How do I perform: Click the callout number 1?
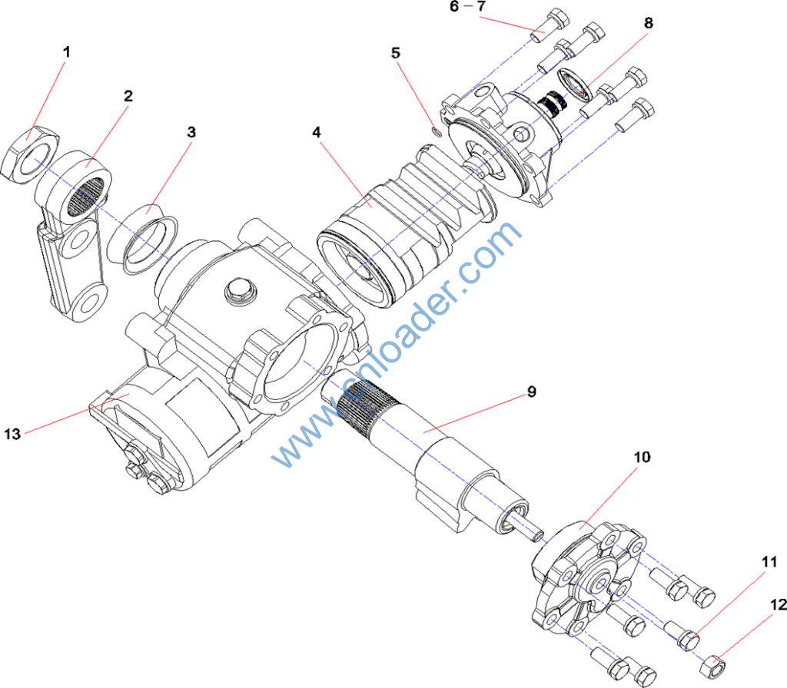click(66, 52)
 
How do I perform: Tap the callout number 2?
click(128, 96)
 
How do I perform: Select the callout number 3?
click(191, 131)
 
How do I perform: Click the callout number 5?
click(396, 53)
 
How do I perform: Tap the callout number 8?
click(649, 23)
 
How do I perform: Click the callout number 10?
click(642, 457)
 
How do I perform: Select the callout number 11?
click(769, 562)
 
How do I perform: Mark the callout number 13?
click(12, 434)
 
